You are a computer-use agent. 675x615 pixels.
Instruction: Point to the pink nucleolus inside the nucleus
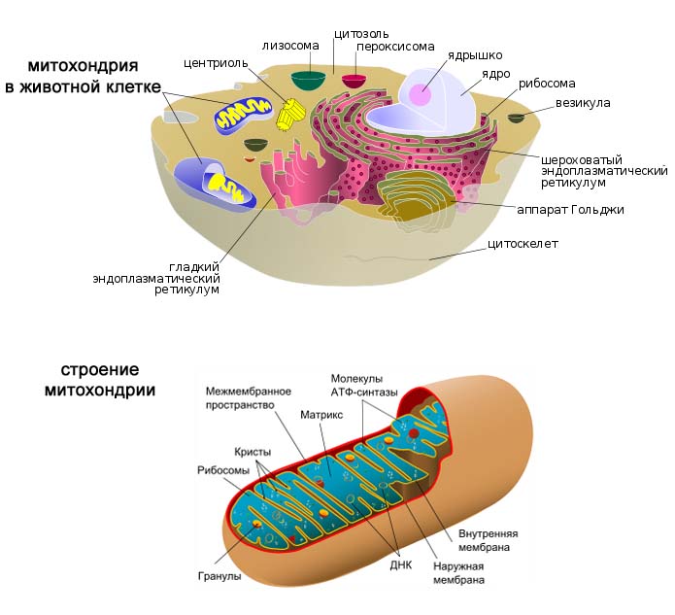(420, 94)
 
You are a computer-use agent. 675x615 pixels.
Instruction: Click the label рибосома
(547, 84)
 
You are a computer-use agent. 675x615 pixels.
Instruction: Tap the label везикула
(582, 102)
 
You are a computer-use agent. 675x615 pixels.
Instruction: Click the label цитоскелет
(523, 243)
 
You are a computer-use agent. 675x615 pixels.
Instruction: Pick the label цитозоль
(355, 33)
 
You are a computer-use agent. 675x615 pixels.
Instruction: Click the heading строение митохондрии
(100, 380)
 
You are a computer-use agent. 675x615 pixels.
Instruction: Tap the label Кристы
(253, 452)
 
